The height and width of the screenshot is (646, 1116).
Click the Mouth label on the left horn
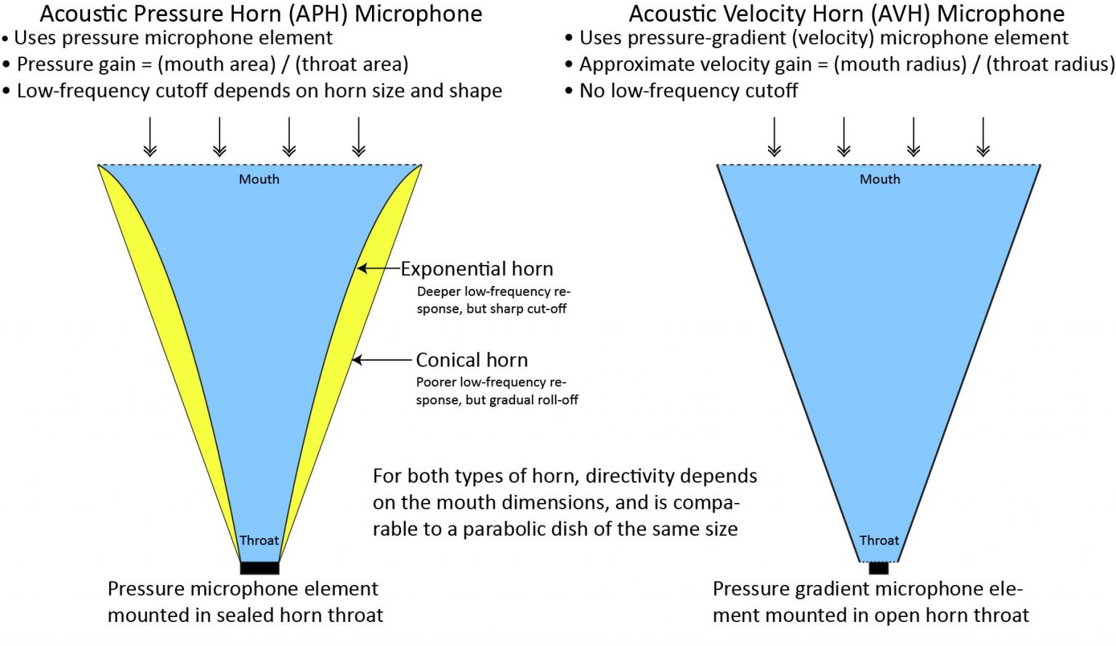(x=259, y=179)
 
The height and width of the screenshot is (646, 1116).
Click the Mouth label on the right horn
(x=880, y=179)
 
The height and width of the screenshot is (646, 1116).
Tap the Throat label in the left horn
(x=259, y=541)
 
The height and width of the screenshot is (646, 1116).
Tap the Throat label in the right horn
(x=879, y=541)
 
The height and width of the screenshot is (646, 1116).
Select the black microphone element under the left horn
(x=259, y=568)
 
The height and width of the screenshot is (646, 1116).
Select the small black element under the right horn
(x=878, y=568)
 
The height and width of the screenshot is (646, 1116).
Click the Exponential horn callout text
(x=477, y=269)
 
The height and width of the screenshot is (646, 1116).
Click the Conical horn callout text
(x=472, y=360)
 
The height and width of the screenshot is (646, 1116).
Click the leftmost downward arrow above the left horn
(x=150, y=137)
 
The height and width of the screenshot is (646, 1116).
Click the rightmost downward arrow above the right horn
(x=983, y=137)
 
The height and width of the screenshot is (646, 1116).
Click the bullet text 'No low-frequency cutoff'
(x=688, y=91)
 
